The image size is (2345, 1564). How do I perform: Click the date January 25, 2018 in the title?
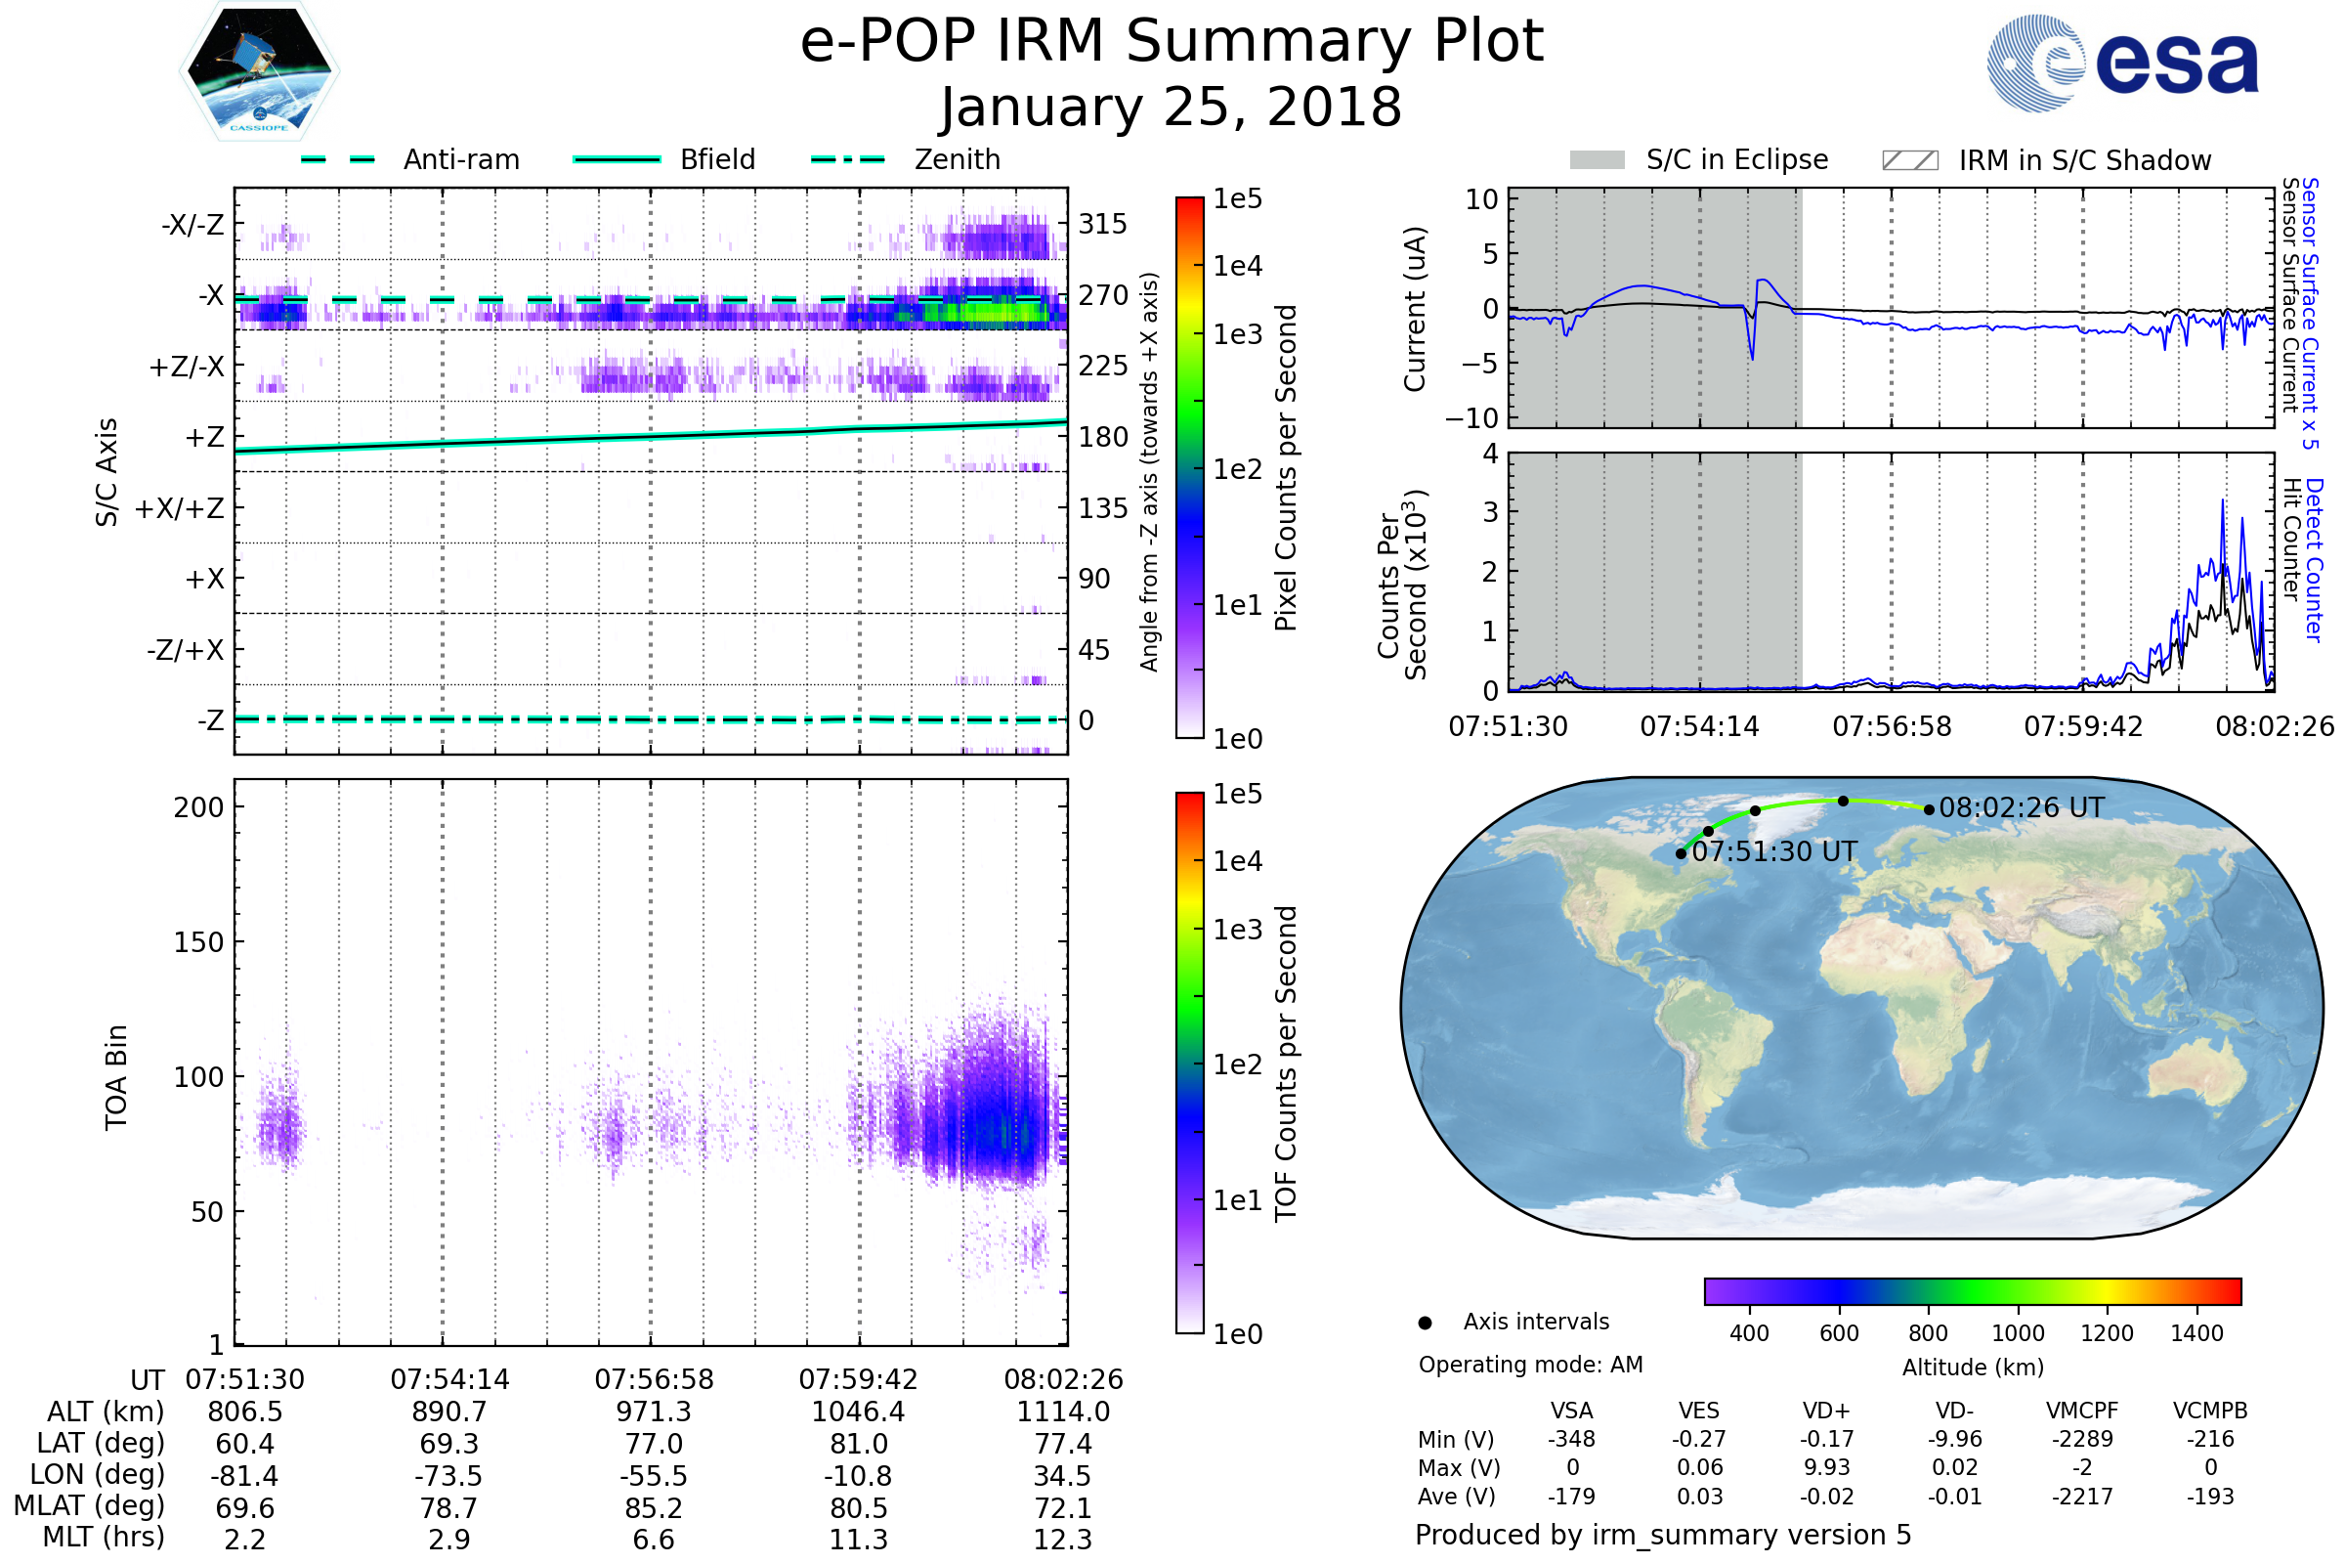coord(1171,108)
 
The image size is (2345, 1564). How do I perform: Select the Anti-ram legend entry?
coord(460,159)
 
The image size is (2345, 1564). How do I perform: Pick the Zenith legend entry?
coord(957,159)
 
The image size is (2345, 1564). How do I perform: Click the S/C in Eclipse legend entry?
coord(1736,159)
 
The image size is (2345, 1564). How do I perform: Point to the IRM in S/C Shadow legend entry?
coord(2084,160)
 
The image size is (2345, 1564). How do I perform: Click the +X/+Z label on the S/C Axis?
coord(180,508)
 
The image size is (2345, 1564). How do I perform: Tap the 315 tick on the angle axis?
coord(1102,224)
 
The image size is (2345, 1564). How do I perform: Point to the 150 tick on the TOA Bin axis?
coord(198,942)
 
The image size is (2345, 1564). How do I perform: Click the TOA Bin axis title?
coord(115,1077)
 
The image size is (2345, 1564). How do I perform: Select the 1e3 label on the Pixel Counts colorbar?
coord(1237,335)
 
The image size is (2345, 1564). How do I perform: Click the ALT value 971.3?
coord(653,1412)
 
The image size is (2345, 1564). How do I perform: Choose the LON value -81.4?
coord(244,1476)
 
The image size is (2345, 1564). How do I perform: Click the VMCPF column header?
coord(2082,1412)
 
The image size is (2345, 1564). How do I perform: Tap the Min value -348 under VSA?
coord(1571,1439)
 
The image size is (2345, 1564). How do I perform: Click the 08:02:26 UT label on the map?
coord(2021,808)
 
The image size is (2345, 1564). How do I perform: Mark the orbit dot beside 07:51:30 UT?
coord(1681,853)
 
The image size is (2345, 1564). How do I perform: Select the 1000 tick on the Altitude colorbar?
coord(2017,1333)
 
